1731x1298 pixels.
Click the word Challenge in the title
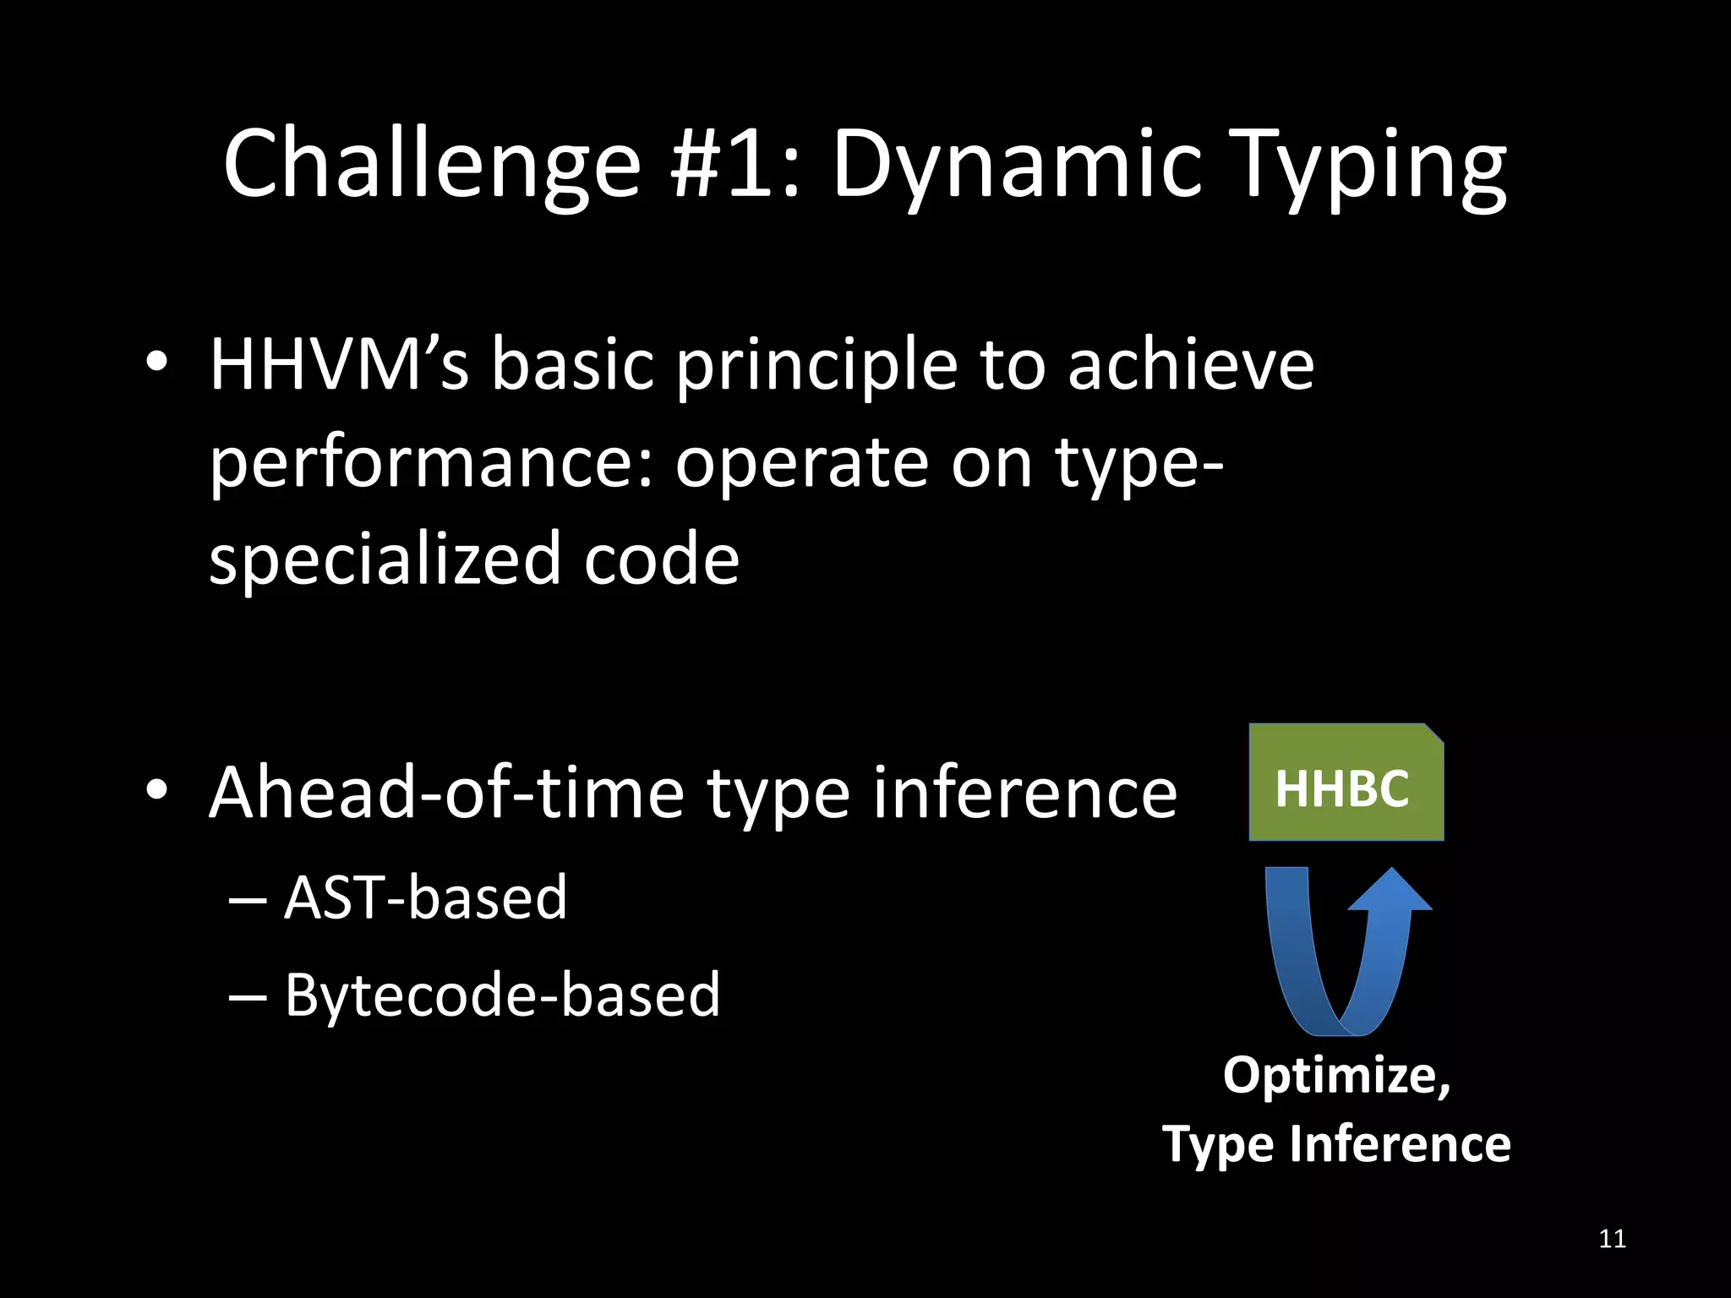tap(431, 165)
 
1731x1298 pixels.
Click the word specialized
tap(385, 559)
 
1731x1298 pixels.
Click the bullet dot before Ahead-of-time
tap(156, 791)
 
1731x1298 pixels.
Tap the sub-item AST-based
tap(425, 897)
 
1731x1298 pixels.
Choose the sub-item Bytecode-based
tap(502, 995)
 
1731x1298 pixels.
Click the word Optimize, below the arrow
tap(1335, 1075)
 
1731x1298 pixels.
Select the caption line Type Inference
tap(1335, 1144)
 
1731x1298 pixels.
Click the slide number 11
tap(1612, 1239)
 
